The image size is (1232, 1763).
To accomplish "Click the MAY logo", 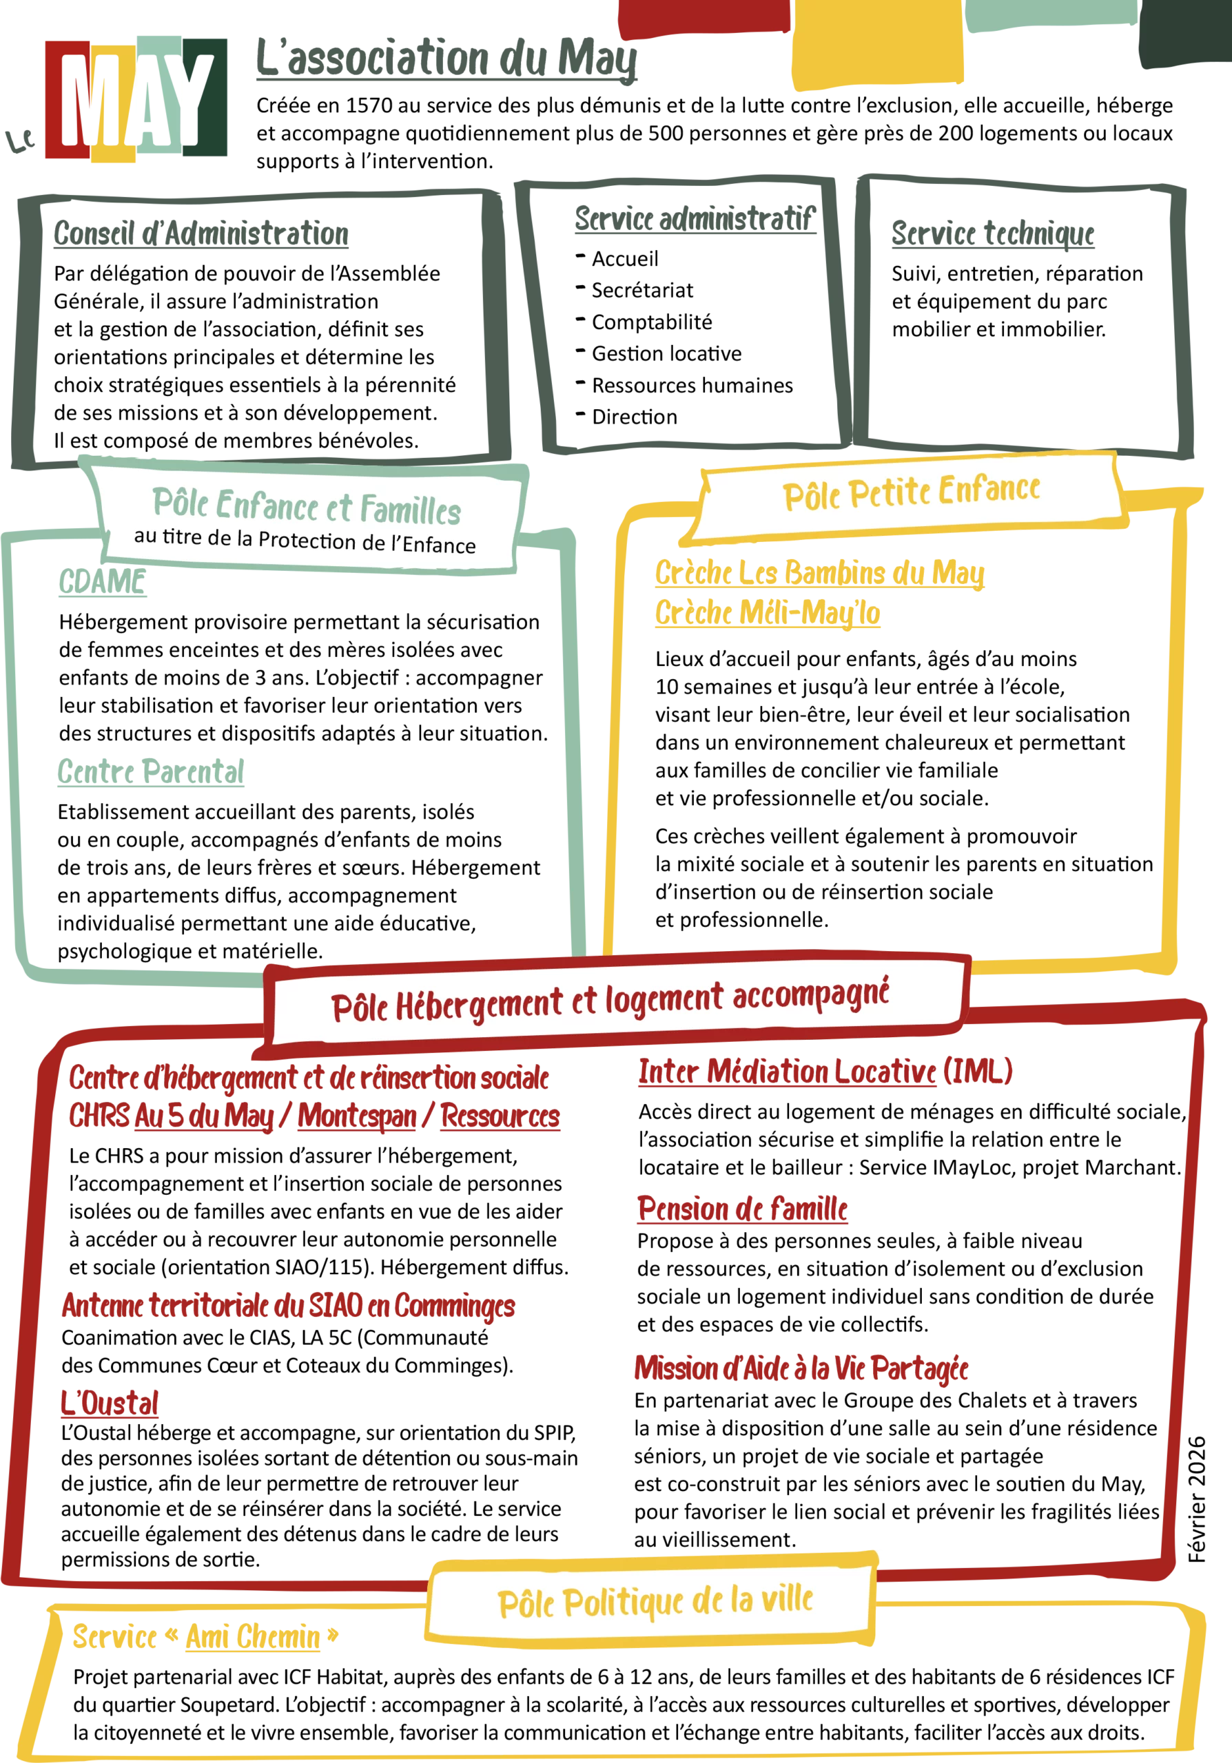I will tap(136, 98).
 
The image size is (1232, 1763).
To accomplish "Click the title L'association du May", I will tap(446, 61).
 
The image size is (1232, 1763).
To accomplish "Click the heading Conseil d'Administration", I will tap(201, 236).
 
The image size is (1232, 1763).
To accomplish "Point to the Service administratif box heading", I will tap(691, 221).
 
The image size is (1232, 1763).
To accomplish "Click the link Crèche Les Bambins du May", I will tap(819, 574).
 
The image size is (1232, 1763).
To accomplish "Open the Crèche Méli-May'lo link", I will tap(766, 614).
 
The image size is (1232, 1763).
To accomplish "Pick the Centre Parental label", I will tap(152, 772).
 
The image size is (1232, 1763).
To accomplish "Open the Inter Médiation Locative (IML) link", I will tap(823, 1071).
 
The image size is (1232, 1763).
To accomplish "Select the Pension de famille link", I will tap(741, 1209).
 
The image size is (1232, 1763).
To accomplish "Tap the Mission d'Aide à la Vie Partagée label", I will tap(801, 1368).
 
